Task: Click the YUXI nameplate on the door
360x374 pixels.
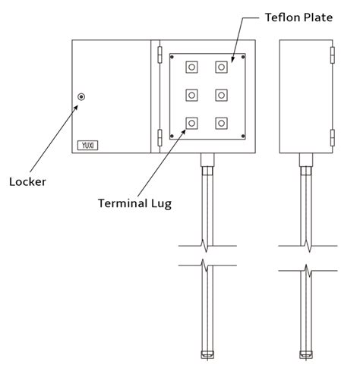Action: [87, 143]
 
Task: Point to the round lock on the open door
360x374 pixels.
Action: [81, 96]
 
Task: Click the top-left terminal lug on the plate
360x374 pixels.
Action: [191, 68]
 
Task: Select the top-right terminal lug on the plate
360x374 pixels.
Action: [222, 68]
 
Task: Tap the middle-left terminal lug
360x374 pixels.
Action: [191, 95]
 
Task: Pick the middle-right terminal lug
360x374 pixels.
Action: [222, 95]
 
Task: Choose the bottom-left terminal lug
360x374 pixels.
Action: [191, 122]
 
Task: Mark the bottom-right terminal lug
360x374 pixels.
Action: [222, 122]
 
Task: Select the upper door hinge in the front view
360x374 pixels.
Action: [159, 55]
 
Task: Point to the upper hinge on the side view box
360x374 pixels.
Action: [333, 55]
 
